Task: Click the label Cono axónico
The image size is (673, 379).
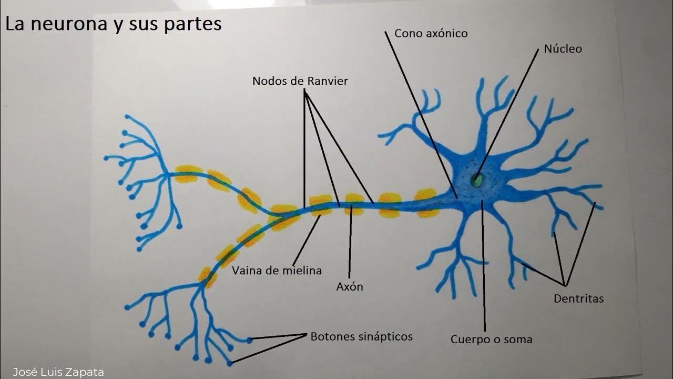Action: point(431,34)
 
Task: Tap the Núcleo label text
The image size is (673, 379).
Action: point(563,49)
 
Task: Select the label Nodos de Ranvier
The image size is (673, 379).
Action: point(300,82)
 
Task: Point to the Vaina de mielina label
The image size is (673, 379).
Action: point(277,271)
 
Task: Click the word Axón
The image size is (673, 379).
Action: point(350,287)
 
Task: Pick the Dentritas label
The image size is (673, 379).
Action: point(578,299)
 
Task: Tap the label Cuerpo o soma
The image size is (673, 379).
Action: point(491,340)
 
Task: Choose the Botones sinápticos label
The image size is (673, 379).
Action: point(361,336)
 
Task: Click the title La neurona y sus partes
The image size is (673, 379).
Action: point(114,24)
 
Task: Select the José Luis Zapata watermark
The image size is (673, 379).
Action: point(58,372)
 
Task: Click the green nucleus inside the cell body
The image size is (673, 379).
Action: point(477,181)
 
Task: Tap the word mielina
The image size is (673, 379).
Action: point(301,271)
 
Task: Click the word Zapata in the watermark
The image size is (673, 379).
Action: point(87,372)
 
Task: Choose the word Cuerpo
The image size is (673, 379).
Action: point(468,340)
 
